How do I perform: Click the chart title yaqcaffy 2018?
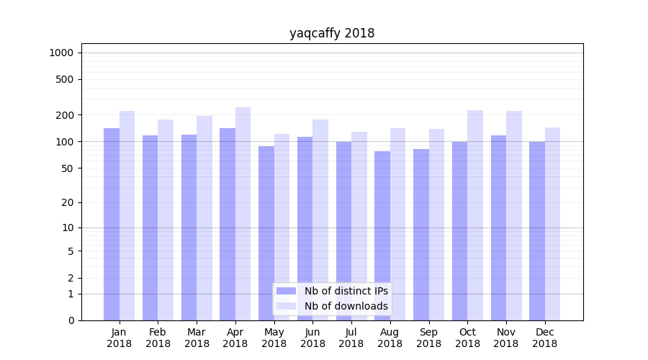pos(332,33)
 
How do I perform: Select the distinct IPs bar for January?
pos(112,224)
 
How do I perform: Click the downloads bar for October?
pos(475,215)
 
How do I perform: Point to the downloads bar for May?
pos(282,227)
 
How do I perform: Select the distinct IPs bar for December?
pos(537,230)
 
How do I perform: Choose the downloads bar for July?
pos(359,226)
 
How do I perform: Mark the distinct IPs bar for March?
pos(189,228)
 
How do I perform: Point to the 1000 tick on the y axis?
pos(61,53)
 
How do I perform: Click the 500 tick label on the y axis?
pos(64,79)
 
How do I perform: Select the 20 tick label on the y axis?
pos(67,202)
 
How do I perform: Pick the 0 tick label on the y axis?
pos(71,320)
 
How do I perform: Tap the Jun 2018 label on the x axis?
pos(312,338)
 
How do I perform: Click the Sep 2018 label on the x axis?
pos(428,338)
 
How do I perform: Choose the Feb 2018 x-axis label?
pos(158,338)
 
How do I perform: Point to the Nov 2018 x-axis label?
pos(506,338)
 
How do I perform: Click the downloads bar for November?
pos(514,215)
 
